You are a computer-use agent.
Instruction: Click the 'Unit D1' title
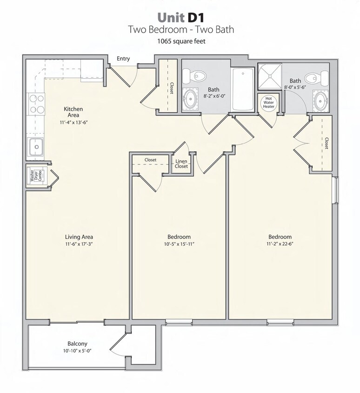coord(180,17)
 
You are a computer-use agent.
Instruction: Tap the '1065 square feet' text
coord(180,41)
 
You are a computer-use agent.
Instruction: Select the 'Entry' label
coord(123,59)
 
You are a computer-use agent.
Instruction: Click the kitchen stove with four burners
coord(36,104)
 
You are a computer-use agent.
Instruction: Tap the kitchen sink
coord(35,147)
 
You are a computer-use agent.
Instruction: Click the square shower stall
coord(269,76)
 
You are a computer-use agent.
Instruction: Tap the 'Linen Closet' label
coord(181,164)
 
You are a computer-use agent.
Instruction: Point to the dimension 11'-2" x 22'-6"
coord(279,244)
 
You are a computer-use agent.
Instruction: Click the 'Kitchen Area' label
coord(73,112)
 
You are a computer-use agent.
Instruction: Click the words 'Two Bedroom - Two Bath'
coord(180,30)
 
